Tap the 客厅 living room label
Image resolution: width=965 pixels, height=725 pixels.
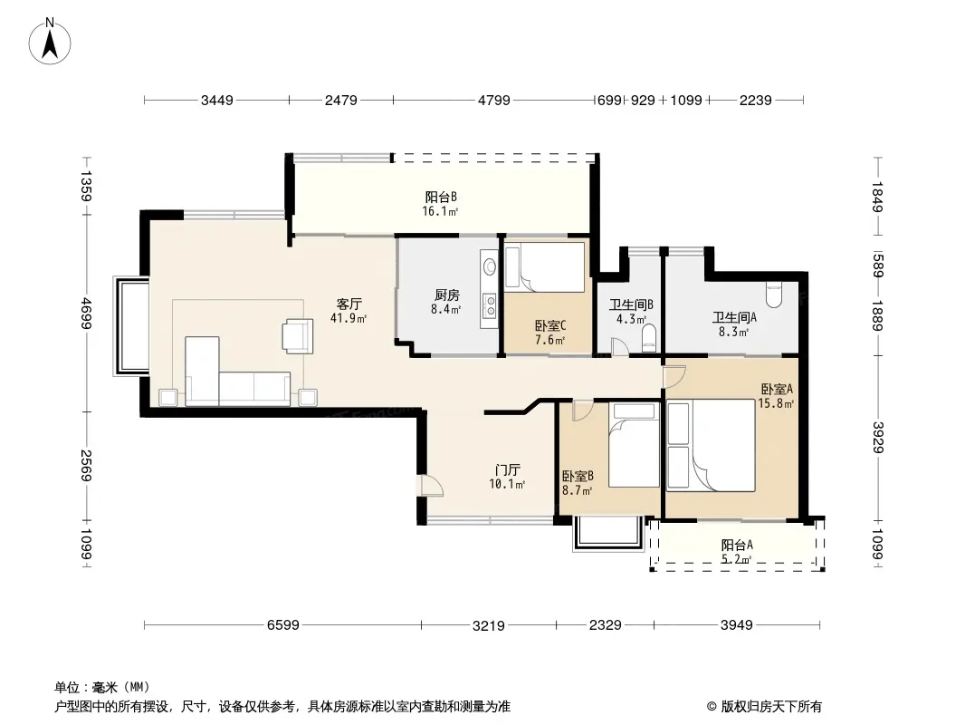coord(349,304)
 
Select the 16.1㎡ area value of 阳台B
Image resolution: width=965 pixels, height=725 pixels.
coord(441,212)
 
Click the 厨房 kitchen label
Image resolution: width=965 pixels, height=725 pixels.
coord(446,295)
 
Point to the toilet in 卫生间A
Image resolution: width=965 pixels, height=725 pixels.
coord(774,295)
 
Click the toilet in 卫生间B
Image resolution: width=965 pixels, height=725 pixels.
coord(648,337)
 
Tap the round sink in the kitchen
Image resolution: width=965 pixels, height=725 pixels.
coord(489,266)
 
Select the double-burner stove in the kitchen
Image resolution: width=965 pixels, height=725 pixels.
coord(490,305)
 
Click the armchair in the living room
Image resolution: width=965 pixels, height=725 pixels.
coord(298,336)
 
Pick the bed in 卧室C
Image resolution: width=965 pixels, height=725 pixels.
coord(544,267)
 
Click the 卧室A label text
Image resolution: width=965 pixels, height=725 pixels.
coord(777,390)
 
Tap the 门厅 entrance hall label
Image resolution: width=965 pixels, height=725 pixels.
coord(507,470)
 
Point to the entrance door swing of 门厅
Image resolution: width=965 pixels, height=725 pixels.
coord(431,486)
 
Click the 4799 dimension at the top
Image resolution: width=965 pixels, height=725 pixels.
coord(494,100)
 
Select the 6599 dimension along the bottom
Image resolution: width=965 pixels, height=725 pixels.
coord(283,625)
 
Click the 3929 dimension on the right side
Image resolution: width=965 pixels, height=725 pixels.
coord(878,438)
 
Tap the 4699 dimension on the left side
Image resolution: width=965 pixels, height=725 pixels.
coord(86,313)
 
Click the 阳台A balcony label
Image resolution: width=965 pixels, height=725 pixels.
coord(737,546)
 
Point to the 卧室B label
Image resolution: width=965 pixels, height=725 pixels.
coord(578,476)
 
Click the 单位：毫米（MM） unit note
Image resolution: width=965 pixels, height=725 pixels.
coord(102,687)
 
